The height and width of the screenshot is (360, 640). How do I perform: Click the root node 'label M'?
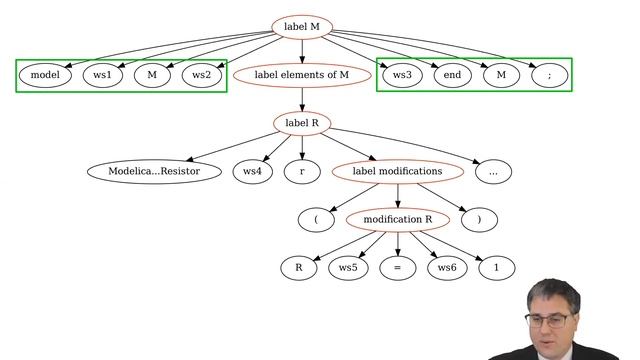[x=301, y=26]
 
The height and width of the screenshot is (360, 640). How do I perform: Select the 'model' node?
[x=45, y=75]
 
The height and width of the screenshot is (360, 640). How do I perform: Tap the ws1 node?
[x=102, y=75]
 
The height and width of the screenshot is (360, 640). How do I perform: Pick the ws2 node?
[x=201, y=75]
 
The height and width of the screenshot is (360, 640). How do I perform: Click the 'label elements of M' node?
[x=301, y=75]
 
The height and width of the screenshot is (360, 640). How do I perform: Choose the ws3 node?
[x=401, y=75]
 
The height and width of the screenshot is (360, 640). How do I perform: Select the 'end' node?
[x=452, y=75]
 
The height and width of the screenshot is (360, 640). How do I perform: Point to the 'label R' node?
[x=301, y=123]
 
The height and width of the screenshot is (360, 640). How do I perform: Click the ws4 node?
[x=252, y=171]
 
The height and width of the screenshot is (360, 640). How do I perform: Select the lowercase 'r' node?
[x=301, y=171]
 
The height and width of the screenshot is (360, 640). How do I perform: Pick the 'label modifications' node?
[x=397, y=171]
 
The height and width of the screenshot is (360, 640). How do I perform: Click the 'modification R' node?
[x=397, y=219]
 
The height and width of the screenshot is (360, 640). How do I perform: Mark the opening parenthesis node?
[x=315, y=219]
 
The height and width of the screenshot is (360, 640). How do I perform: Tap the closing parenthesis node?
[x=479, y=219]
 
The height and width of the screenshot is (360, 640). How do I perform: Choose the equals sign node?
[x=397, y=268]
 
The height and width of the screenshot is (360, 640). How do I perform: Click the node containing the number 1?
[x=496, y=268]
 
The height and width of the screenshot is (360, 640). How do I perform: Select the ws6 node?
[x=446, y=268]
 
